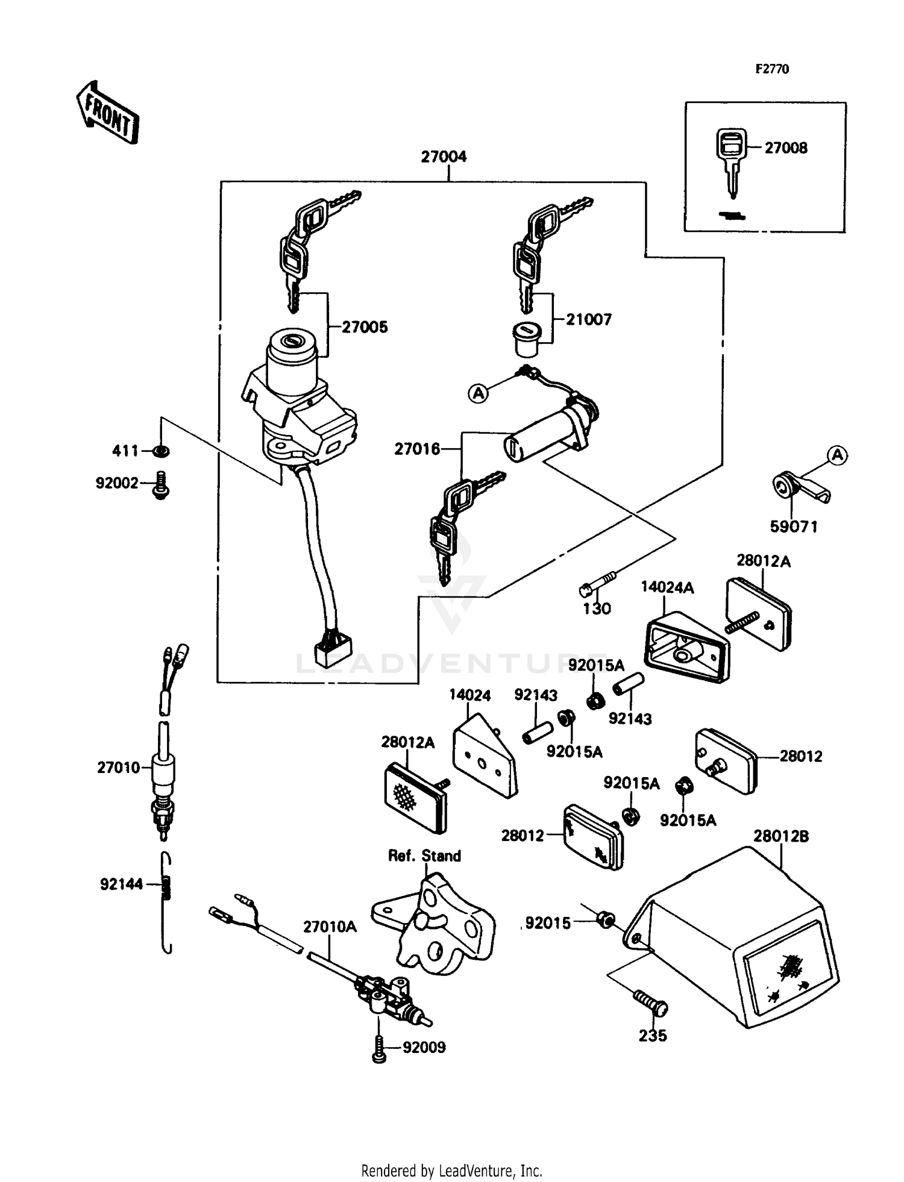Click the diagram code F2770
click(772, 69)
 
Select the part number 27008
click(786, 148)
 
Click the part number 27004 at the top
click(444, 157)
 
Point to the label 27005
click(365, 328)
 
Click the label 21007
click(589, 320)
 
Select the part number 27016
click(417, 449)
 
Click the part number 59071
click(794, 527)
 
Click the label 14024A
click(667, 587)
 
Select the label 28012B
click(780, 837)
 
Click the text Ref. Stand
click(424, 856)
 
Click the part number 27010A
click(330, 927)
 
